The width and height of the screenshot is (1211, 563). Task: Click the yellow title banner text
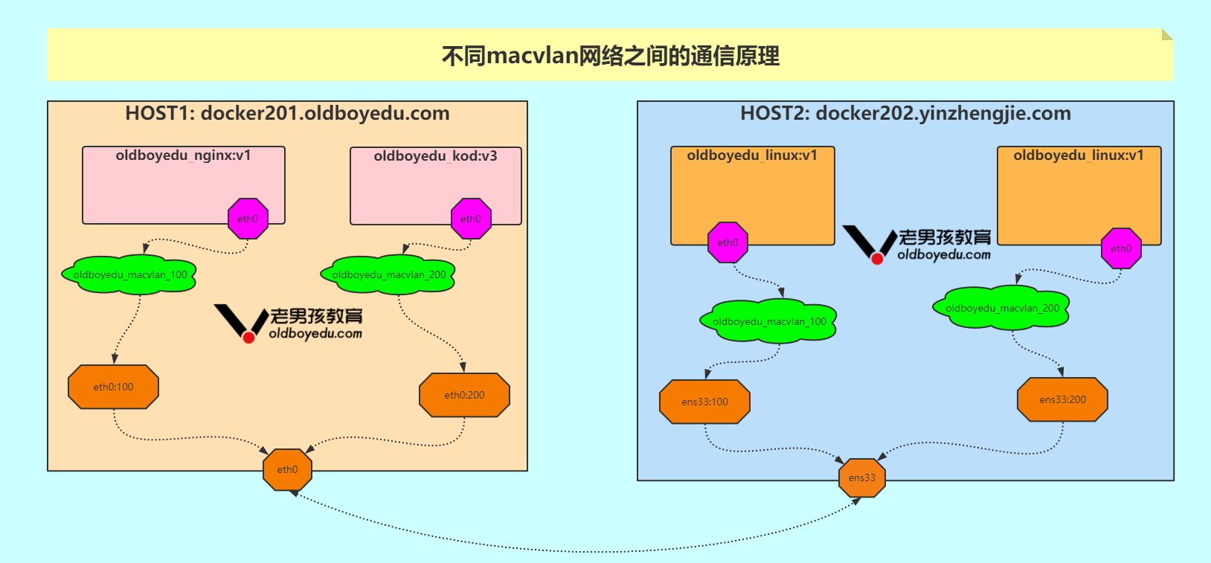tap(610, 56)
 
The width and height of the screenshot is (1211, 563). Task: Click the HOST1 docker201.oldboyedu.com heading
tap(287, 113)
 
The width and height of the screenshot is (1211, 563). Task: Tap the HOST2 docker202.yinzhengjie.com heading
tap(905, 113)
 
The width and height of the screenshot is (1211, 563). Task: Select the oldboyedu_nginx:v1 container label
tap(183, 155)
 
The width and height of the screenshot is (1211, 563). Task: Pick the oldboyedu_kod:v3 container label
tap(435, 156)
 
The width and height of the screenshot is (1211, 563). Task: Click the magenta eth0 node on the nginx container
tap(248, 219)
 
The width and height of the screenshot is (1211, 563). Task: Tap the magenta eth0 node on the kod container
tap(471, 219)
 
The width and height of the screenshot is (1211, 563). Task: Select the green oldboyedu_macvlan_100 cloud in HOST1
tap(130, 275)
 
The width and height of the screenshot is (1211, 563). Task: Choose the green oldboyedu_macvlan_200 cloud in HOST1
tap(388, 275)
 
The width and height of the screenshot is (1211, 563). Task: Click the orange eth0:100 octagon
tap(113, 387)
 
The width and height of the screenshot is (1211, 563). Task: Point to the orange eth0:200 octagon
tap(464, 395)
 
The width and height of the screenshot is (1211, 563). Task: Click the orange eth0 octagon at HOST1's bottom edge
tap(287, 469)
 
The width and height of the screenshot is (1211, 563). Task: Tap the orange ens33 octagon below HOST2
tap(862, 477)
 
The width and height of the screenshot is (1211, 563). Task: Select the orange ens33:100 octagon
tap(704, 402)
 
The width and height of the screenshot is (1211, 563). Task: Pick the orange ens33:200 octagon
tap(1062, 399)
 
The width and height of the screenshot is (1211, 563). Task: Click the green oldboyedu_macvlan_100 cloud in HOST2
tap(769, 321)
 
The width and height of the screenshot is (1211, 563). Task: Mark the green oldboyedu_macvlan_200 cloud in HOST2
tap(1002, 308)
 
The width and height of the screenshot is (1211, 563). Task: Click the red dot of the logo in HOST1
tap(249, 337)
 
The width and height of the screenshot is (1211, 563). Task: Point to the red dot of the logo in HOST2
tap(878, 258)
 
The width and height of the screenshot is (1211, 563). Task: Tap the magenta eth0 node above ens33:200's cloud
tap(1121, 248)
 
